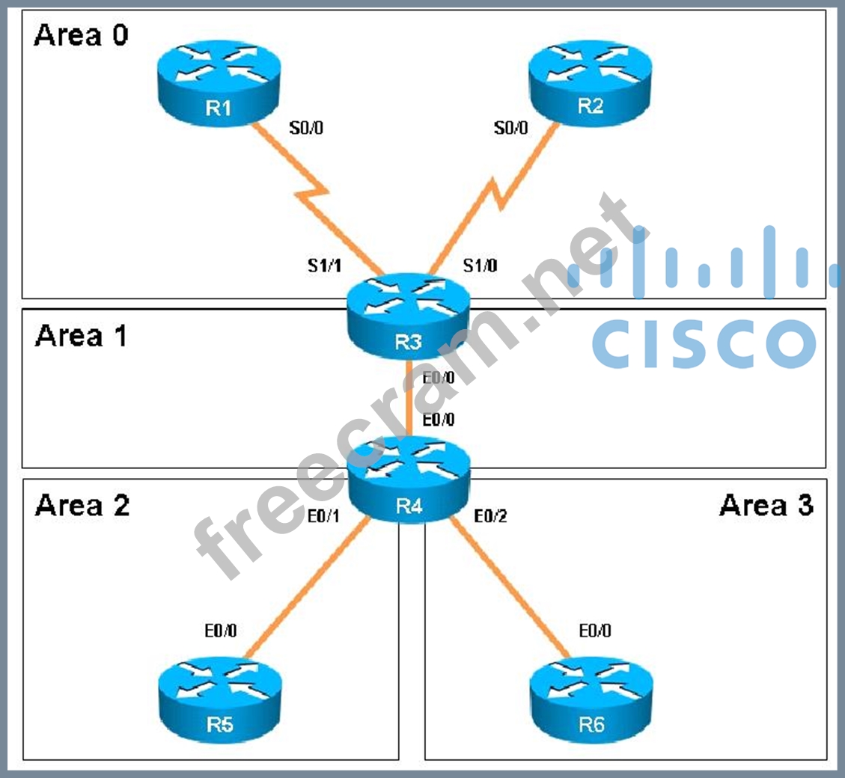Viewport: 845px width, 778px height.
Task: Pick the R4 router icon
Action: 409,483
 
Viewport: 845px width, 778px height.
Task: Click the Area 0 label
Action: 81,35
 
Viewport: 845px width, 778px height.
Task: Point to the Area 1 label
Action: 81,336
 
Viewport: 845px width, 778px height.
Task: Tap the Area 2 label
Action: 82,506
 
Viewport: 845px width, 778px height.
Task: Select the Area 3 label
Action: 766,506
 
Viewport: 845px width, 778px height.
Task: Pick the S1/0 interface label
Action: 480,265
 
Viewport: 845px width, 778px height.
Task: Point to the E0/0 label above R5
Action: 221,631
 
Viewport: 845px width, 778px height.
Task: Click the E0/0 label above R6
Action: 594,631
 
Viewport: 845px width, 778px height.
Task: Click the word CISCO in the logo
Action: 704,344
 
